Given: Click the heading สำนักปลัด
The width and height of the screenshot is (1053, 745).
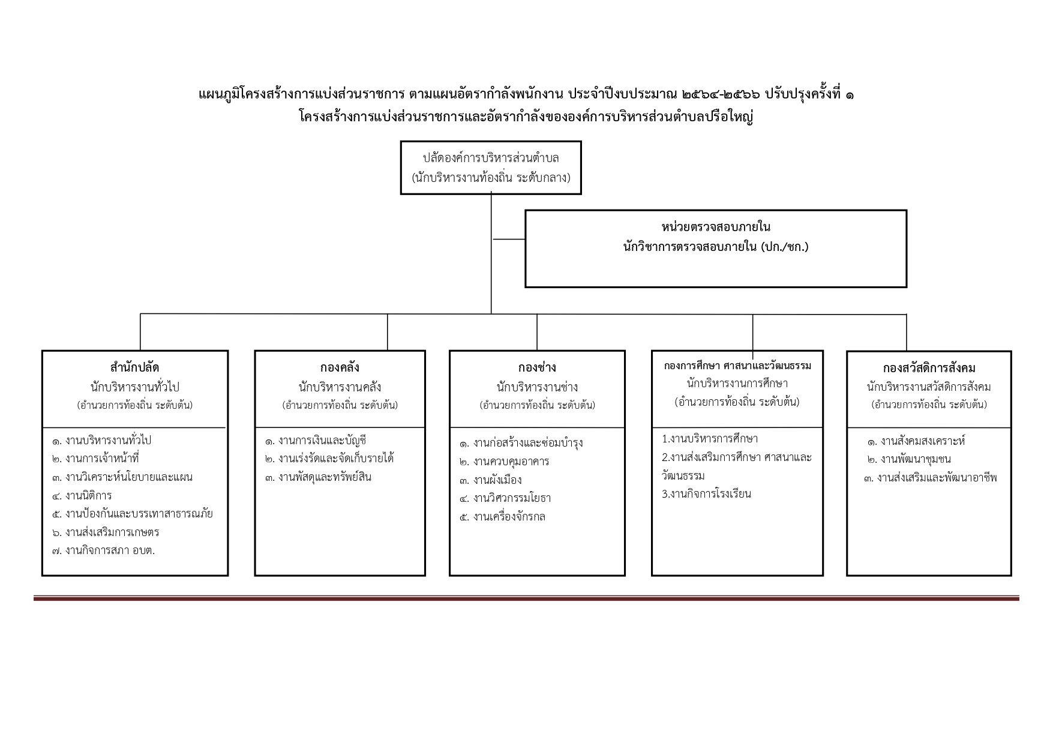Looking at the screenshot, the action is pos(134,367).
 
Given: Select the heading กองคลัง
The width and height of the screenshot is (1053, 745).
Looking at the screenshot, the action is pos(340,367).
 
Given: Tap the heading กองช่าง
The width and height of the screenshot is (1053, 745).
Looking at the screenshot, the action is pos(537,367).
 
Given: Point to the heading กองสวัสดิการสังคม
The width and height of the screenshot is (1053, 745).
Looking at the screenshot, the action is pos(929,368).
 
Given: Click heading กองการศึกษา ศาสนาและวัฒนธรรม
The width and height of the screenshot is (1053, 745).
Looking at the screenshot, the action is pos(737,366).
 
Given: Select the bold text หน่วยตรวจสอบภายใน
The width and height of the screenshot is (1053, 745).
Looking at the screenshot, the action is pos(716,227).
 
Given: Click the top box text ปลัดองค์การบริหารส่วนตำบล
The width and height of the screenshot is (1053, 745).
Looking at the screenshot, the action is pos(491,158).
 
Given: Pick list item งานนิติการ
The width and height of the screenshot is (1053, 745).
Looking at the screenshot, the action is pos(82,495).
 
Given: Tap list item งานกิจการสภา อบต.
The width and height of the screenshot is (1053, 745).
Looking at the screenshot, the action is pos(103,550).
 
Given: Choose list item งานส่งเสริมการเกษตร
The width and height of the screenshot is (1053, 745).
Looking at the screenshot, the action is pos(106,532).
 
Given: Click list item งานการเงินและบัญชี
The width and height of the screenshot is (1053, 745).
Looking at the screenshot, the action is pos(316,441).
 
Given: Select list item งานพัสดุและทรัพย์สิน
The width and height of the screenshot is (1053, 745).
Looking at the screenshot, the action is pos(318,477).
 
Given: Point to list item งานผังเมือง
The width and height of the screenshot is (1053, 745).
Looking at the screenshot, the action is pos(491,480).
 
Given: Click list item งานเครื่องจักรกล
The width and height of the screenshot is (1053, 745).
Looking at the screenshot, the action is pos(502,516).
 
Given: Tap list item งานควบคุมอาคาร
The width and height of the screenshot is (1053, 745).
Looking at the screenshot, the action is pos(505,462).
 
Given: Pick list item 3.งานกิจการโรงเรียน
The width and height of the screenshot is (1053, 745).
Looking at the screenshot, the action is pos(707,494).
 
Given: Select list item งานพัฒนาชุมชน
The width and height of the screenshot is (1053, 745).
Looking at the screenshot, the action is pos(909,459).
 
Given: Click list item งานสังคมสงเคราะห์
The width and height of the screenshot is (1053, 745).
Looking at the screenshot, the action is pos(916,441).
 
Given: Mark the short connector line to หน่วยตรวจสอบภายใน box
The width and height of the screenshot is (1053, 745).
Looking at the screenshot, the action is pos(509,239).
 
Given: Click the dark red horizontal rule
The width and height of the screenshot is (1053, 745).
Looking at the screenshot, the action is pos(526,598).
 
